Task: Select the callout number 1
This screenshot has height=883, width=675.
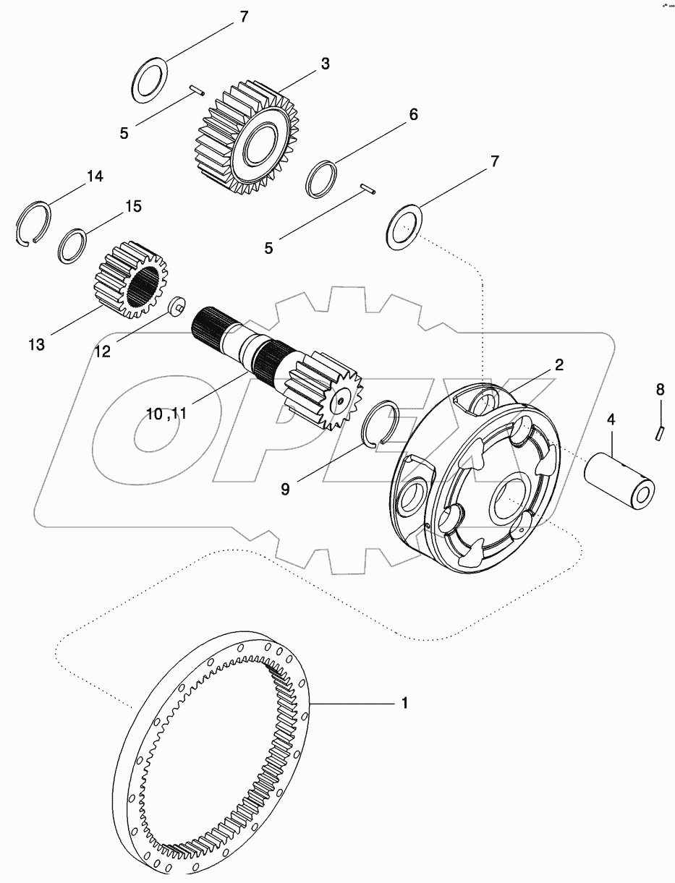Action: pos(405,702)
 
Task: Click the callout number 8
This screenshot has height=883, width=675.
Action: pos(659,390)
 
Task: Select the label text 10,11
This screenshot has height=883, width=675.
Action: pos(166,414)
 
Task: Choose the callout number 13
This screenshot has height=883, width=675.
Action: pos(36,345)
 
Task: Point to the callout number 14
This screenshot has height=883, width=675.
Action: pos(95,176)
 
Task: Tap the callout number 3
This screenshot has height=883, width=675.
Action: pos(325,64)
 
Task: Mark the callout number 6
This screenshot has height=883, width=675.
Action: pos(413,114)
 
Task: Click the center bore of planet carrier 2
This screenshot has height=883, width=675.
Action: pos(511,498)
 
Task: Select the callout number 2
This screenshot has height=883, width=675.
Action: pos(559,364)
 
